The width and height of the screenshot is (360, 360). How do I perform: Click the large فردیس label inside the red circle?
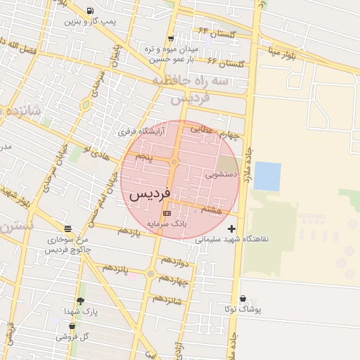(150, 193)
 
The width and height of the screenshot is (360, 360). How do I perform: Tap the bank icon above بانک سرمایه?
(167, 212)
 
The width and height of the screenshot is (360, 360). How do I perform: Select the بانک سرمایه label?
(167, 223)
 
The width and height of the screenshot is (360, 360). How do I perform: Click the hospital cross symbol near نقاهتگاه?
(232, 229)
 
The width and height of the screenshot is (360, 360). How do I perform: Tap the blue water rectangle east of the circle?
(267, 176)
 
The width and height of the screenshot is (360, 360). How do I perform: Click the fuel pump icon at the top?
(90, 11)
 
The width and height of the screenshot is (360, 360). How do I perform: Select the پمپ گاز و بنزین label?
(90, 21)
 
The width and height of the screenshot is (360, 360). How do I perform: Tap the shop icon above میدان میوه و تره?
(171, 39)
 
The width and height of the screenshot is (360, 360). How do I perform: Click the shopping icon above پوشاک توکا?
(243, 299)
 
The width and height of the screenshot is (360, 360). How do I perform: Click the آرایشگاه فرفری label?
(141, 131)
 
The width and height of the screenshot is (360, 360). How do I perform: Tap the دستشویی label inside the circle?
(217, 172)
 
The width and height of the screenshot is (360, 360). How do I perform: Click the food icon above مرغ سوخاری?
(67, 229)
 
